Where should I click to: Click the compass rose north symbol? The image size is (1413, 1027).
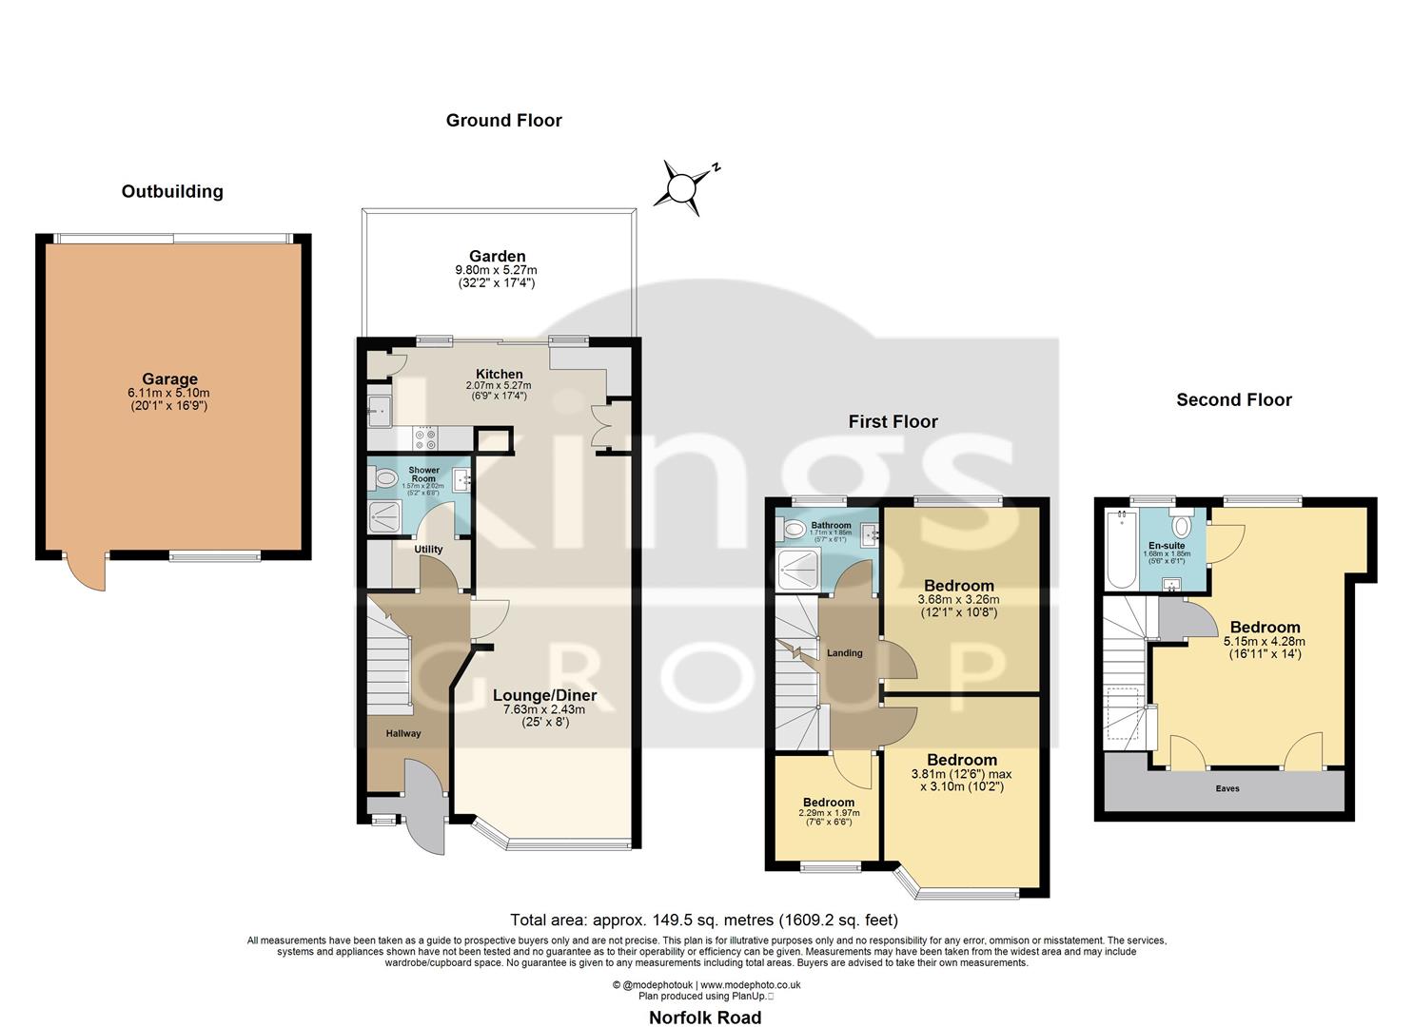[682, 186]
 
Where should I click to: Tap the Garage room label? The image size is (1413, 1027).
[169, 379]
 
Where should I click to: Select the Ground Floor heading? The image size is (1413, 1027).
[503, 121]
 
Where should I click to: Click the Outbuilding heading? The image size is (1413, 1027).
[172, 192]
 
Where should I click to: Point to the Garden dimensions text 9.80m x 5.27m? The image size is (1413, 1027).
[497, 270]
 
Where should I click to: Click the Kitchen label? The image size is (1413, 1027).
[499, 374]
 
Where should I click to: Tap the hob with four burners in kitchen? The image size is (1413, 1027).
[425, 438]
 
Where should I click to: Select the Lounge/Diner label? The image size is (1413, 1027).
[544, 695]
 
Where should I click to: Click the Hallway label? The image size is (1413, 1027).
[402, 733]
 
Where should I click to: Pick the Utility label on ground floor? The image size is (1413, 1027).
[428, 550]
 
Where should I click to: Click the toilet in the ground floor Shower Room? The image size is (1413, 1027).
[386, 477]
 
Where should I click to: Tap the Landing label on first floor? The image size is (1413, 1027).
[844, 653]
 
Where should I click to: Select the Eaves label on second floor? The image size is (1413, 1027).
[1227, 788]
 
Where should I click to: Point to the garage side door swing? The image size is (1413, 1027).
[84, 572]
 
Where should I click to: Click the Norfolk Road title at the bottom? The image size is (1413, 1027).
[705, 1017]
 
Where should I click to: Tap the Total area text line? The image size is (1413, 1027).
[704, 920]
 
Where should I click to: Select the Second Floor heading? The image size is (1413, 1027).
[1233, 400]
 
